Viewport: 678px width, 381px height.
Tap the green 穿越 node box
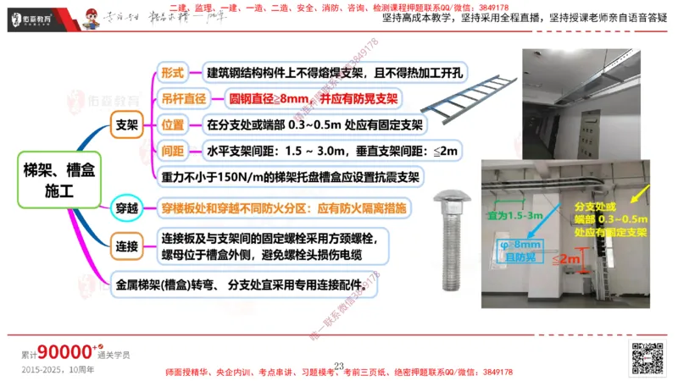(126, 207)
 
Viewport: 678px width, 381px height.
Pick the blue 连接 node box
(126, 247)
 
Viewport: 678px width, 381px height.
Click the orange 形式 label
(173, 73)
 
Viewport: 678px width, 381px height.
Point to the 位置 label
(173, 125)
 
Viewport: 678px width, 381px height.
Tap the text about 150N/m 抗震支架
(292, 177)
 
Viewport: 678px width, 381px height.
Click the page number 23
(339, 366)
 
